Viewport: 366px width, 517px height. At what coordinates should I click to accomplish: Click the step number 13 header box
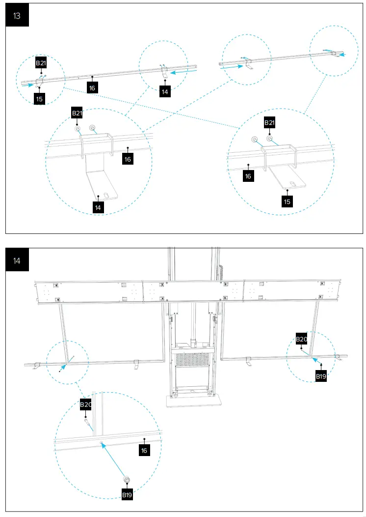tap(17, 16)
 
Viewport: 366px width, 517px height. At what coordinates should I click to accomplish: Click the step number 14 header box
tap(17, 260)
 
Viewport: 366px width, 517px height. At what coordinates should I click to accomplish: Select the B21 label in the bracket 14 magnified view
tap(77, 114)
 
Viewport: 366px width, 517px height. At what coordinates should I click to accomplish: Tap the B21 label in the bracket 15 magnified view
tap(269, 122)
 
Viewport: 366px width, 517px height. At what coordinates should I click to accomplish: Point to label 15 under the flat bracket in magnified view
tap(287, 201)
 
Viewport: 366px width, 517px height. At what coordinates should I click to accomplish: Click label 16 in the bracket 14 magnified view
tap(128, 159)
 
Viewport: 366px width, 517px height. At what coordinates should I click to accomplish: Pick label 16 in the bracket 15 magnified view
tap(248, 176)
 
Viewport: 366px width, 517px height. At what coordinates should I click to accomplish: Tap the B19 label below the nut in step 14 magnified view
tap(127, 495)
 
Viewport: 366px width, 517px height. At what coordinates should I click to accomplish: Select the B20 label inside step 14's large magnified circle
tap(86, 405)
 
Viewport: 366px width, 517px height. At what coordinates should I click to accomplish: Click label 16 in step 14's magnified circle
tap(144, 450)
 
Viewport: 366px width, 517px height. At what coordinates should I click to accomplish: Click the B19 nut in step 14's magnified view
tap(127, 480)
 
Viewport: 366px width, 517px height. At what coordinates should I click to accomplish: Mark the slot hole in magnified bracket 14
tap(104, 195)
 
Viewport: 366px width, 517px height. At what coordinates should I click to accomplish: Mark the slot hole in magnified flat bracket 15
tap(291, 184)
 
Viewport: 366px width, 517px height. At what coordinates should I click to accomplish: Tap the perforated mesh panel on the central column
tap(192, 364)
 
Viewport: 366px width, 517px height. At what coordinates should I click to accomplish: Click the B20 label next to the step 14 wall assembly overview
tap(301, 339)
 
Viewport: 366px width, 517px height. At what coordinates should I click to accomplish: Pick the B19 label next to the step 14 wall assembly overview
tap(321, 376)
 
